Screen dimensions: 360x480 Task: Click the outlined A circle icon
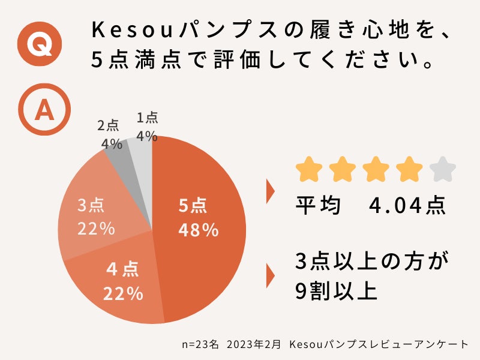pyautogui.click(x=44, y=110)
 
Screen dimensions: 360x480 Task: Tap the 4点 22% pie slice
pyautogui.click(x=123, y=282)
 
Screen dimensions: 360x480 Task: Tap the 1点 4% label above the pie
pyautogui.click(x=147, y=127)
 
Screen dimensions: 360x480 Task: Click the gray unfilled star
pyautogui.click(x=443, y=169)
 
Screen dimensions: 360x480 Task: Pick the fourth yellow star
pyautogui.click(x=410, y=169)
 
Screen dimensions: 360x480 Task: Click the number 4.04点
pyautogui.click(x=407, y=206)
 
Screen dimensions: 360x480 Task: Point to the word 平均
pyautogui.click(x=318, y=206)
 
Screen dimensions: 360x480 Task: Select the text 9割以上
pyautogui.click(x=336, y=291)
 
